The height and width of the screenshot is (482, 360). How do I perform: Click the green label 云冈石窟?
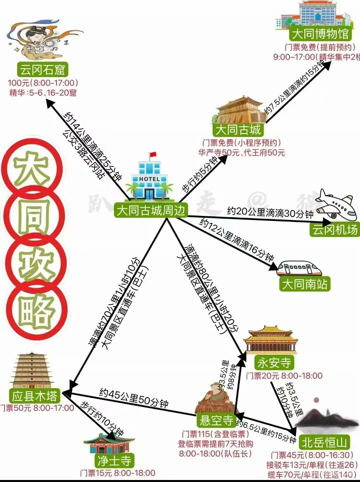pos(42,70)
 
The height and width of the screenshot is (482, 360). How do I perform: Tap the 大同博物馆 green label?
pos(320,34)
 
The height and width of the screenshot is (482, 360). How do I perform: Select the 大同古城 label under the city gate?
pos(238,129)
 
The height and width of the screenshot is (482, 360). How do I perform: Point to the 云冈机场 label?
pos(335,230)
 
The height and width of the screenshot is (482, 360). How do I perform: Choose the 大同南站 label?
pos(305,284)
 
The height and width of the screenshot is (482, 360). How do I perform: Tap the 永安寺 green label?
pos(274,362)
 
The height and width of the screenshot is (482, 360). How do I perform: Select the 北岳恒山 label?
pos(324,443)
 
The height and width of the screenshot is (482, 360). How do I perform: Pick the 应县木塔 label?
pos(35,396)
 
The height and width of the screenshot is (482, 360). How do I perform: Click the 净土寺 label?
pos(114,461)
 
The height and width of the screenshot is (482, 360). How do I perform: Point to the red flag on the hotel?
pos(153,155)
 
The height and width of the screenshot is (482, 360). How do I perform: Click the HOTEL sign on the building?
pos(149,179)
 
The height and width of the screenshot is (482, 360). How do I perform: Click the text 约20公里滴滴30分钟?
pos(270,213)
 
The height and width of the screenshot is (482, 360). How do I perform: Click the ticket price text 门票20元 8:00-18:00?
pos(284,376)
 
